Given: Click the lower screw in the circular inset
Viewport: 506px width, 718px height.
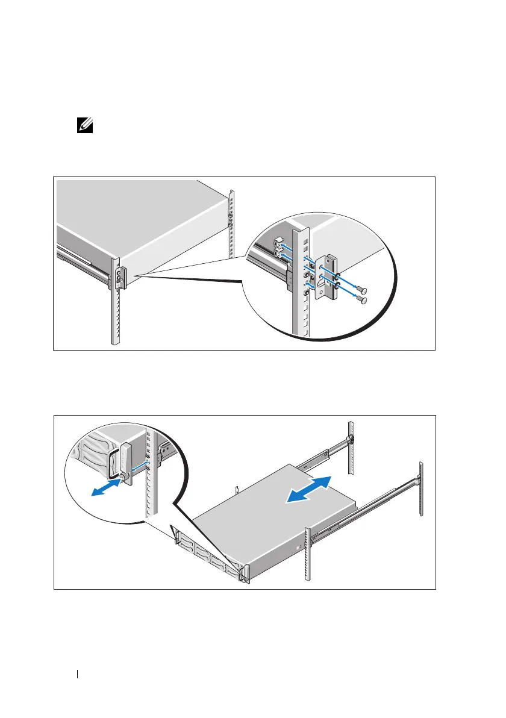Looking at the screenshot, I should point(364,299).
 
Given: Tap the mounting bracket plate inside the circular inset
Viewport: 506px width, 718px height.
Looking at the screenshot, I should point(331,276).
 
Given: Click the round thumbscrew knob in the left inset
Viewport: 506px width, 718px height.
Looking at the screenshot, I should point(124,477).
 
